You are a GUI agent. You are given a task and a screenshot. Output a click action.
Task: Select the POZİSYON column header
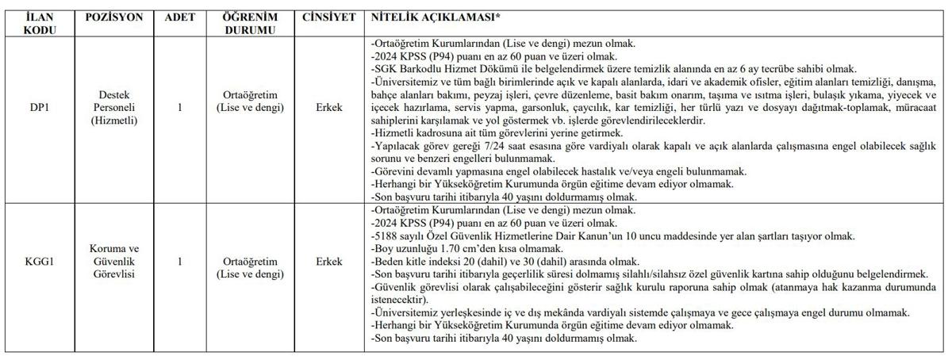point(113,17)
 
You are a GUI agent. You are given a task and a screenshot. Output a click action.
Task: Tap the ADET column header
point(179,17)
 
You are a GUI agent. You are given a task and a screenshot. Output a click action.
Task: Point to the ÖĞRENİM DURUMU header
point(249,23)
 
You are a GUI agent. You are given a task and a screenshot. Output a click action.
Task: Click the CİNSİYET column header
point(328,17)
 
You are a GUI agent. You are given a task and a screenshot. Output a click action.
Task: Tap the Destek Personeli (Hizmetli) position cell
point(113,107)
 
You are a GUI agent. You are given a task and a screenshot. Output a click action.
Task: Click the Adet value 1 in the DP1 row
point(179,107)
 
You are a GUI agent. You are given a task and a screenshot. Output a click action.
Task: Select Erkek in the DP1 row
point(328,107)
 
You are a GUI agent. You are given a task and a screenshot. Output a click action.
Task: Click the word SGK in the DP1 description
point(385,69)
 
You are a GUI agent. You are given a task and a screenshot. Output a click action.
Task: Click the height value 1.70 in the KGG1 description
point(445,248)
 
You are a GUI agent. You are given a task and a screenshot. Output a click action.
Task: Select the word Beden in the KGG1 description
point(389,261)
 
